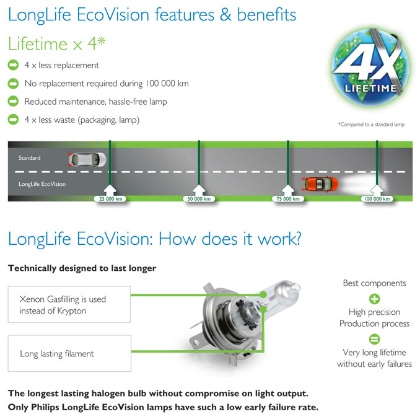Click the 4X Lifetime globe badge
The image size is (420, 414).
pos(370,67)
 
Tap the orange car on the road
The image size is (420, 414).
pos(320,184)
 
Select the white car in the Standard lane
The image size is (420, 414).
pos(87,159)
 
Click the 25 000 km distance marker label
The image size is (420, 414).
pos(110,199)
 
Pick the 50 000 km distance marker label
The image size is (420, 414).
pos(199,199)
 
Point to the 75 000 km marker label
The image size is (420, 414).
pos(288,199)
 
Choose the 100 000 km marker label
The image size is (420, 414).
pos(377,199)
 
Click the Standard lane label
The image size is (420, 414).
pos(30,158)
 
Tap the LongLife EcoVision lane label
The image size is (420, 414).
pos(42,184)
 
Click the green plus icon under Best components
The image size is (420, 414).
pos(374,299)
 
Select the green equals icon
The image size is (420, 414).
pos(374,339)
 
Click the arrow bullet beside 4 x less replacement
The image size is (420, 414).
pos(13,65)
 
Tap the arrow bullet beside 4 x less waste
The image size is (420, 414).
pos(13,120)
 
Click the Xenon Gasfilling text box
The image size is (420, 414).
pos(69,304)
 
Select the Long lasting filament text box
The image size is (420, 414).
pos(69,353)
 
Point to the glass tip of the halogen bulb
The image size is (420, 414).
pos(295,287)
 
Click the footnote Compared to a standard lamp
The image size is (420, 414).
pos(371,125)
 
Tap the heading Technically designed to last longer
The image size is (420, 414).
pos(82,268)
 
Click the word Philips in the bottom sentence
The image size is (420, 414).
pos(45,407)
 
